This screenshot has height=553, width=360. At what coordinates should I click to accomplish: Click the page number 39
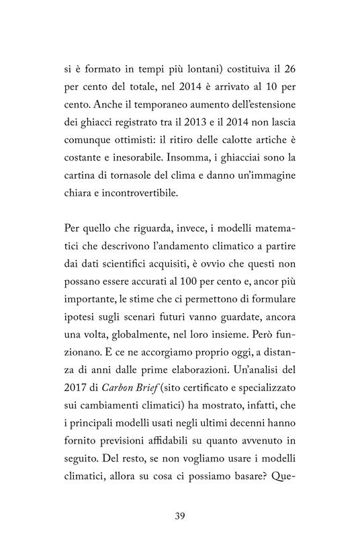click(179, 516)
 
